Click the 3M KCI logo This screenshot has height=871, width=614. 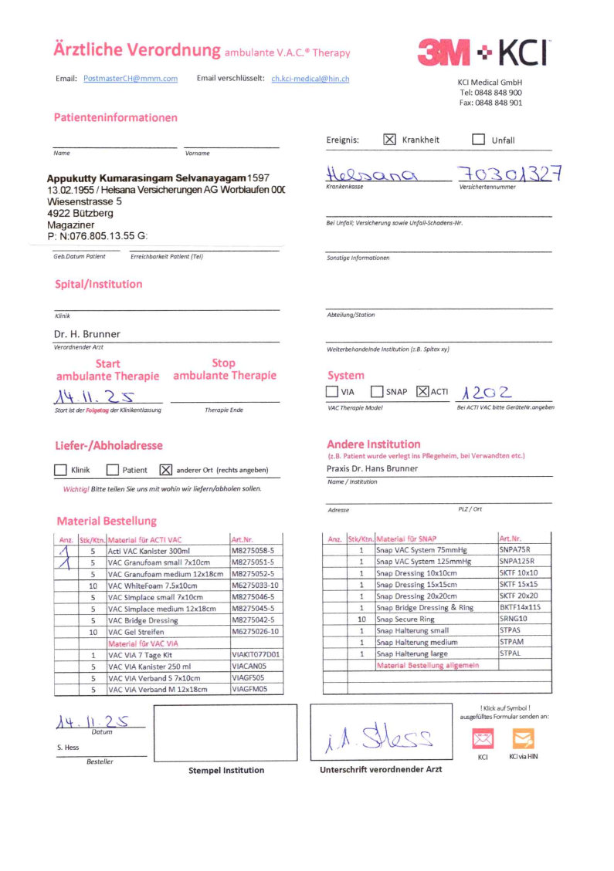(483, 52)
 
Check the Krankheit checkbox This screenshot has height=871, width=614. (389, 140)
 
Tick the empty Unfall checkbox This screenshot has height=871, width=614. (478, 140)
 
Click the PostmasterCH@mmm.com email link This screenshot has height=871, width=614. (130, 79)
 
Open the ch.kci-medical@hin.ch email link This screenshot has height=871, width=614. (310, 79)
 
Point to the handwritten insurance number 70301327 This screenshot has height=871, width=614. (509, 173)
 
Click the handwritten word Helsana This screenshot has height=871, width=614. (371, 174)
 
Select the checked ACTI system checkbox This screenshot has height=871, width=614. (422, 392)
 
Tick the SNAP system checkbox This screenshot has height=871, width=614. (377, 392)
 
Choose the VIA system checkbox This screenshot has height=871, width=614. (332, 392)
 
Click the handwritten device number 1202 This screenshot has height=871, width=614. (486, 391)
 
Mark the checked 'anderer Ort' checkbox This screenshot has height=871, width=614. (165, 469)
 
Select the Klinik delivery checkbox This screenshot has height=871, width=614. (61, 469)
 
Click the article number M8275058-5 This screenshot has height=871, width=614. (253, 551)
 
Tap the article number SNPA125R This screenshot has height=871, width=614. (517, 562)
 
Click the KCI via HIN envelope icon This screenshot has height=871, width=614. (523, 739)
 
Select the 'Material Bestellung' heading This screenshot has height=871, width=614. (107, 521)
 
